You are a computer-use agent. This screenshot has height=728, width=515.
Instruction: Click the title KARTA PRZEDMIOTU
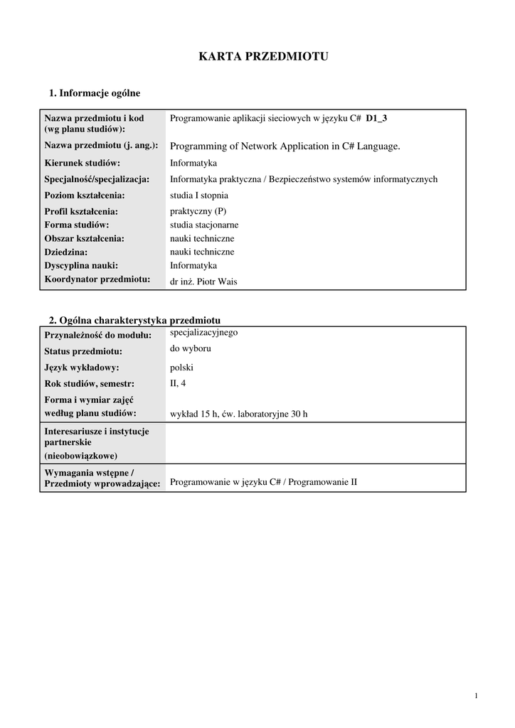tap(263, 57)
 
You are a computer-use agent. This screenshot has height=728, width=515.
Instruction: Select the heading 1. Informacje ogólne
tap(95, 93)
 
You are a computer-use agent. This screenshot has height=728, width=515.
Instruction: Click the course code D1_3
tap(376, 119)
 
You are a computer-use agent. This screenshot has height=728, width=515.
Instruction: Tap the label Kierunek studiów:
tap(82, 163)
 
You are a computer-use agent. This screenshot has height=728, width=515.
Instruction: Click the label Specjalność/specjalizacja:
tap(97, 179)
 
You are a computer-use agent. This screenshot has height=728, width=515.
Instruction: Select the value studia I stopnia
tap(199, 196)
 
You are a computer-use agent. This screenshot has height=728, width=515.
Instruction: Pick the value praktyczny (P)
tap(198, 211)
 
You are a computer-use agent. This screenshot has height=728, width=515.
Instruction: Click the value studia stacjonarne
tap(204, 225)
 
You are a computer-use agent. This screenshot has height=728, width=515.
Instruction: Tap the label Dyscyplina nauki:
tap(81, 266)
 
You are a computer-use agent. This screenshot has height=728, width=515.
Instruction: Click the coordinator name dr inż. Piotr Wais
tap(203, 282)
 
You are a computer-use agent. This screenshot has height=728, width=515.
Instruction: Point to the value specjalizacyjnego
tap(203, 332)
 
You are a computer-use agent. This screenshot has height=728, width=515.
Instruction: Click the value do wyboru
tap(191, 349)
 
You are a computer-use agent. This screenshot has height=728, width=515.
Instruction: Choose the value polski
tap(182, 368)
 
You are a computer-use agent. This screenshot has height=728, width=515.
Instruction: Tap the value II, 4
tap(179, 384)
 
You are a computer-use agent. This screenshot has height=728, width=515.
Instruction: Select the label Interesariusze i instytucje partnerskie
tap(97, 437)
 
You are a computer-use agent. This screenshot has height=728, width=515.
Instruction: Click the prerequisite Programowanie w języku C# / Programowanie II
tap(263, 482)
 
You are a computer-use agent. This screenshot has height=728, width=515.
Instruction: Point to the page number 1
tap(475, 695)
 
